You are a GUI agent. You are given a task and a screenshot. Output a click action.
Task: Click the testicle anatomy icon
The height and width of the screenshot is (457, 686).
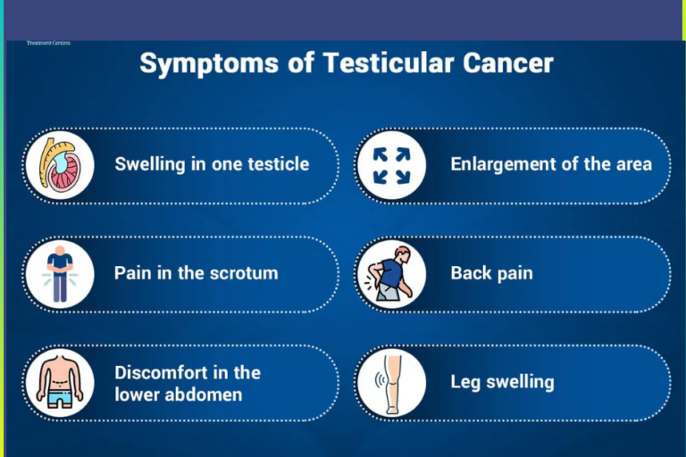[59, 164]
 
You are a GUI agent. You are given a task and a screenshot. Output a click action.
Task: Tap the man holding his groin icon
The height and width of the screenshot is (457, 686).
[59, 274]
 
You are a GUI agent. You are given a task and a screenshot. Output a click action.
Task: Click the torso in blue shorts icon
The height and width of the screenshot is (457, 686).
[59, 383]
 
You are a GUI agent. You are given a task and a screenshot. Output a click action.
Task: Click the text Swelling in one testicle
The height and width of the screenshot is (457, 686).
[212, 164]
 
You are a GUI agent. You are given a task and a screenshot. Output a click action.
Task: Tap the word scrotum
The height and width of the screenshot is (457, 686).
[241, 273]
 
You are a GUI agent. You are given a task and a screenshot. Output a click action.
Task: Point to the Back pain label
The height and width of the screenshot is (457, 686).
[491, 273]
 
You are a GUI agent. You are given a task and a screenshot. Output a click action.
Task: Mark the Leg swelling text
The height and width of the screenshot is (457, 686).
[502, 382]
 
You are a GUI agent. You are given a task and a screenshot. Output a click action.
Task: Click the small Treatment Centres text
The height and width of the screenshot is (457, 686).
[48, 43]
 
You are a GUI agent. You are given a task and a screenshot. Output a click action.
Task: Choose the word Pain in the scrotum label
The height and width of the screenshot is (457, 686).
[132, 273]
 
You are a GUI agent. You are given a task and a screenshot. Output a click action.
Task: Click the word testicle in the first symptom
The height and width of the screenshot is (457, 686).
[275, 164]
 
